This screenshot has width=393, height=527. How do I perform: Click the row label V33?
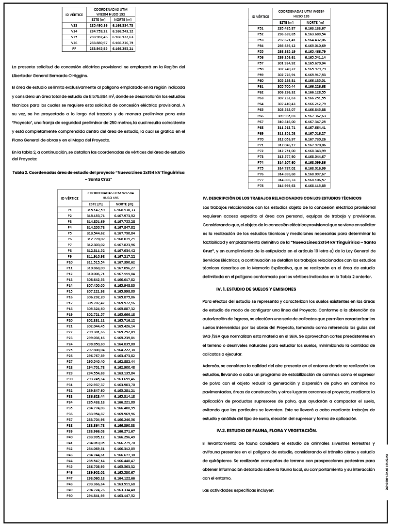point(74,25)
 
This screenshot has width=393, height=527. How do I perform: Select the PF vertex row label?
point(74,48)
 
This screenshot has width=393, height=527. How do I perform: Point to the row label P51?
point(260,29)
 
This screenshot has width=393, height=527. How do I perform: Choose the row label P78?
point(260,186)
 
